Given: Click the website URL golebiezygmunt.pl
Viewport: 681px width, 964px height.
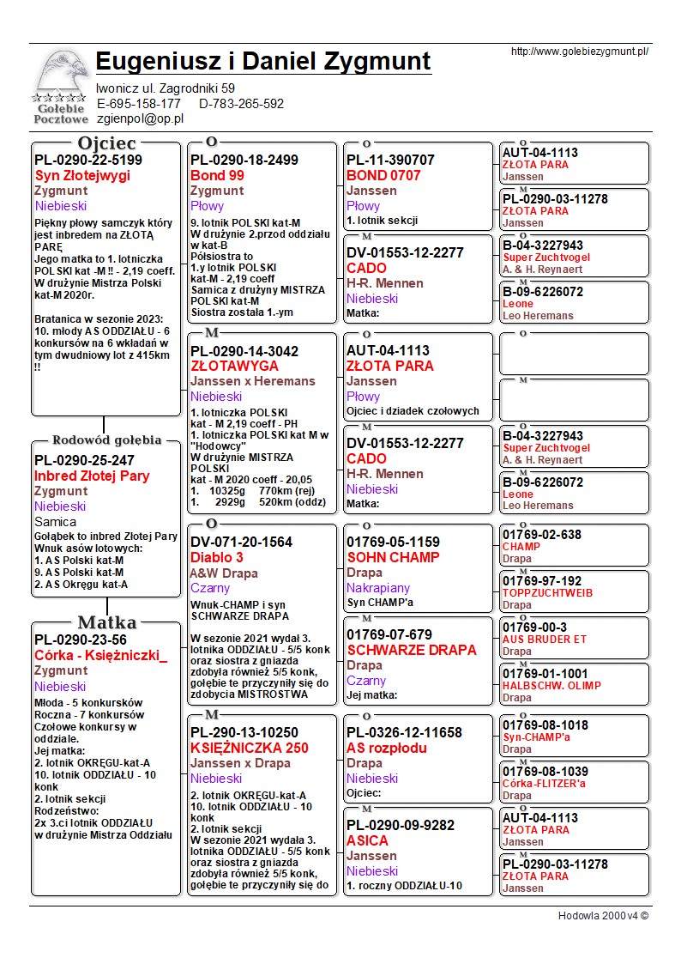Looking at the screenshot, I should tap(579, 52).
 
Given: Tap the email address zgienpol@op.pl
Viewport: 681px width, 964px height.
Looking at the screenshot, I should tap(140, 118).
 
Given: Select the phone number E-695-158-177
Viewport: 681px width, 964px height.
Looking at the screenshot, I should tap(138, 103).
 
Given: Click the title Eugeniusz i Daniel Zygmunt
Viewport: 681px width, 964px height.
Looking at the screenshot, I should tap(263, 61).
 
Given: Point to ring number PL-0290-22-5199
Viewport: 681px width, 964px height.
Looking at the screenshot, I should tap(88, 160).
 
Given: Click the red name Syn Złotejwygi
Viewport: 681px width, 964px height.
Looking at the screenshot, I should tap(82, 175).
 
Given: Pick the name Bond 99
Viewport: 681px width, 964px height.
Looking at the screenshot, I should tap(217, 175).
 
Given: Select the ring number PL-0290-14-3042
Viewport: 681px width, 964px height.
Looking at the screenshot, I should tap(244, 351).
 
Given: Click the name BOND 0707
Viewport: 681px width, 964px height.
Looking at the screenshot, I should tap(383, 175).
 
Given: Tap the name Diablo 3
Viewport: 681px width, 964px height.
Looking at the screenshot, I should tap(217, 557).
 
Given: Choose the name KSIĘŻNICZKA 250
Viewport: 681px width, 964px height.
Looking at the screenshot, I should tap(249, 748).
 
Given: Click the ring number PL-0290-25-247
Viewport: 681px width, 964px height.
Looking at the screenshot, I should tap(84, 460).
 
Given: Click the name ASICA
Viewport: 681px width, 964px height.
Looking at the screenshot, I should tap(367, 840).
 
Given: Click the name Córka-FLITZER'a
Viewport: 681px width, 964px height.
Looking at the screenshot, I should tap(547, 784).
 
